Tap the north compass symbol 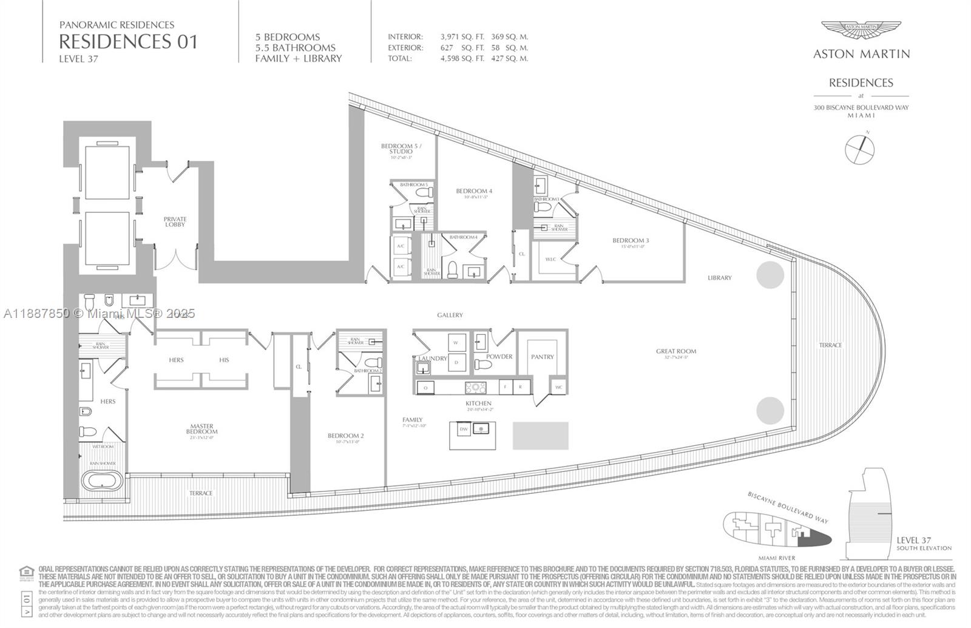coord(860,147)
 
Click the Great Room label coord(675,351)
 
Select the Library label coord(719,278)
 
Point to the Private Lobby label coord(175,222)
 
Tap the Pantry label coord(542,357)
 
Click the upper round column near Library coord(770,275)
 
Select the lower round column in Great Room coord(770,411)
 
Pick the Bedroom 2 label coord(345,436)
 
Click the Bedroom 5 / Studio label coord(401,149)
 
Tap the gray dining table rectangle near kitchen coord(540,436)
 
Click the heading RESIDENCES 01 coord(128,42)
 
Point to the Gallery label coord(450,315)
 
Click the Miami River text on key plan coord(776,558)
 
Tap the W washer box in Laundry coord(456,342)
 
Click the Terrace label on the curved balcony coord(830,345)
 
